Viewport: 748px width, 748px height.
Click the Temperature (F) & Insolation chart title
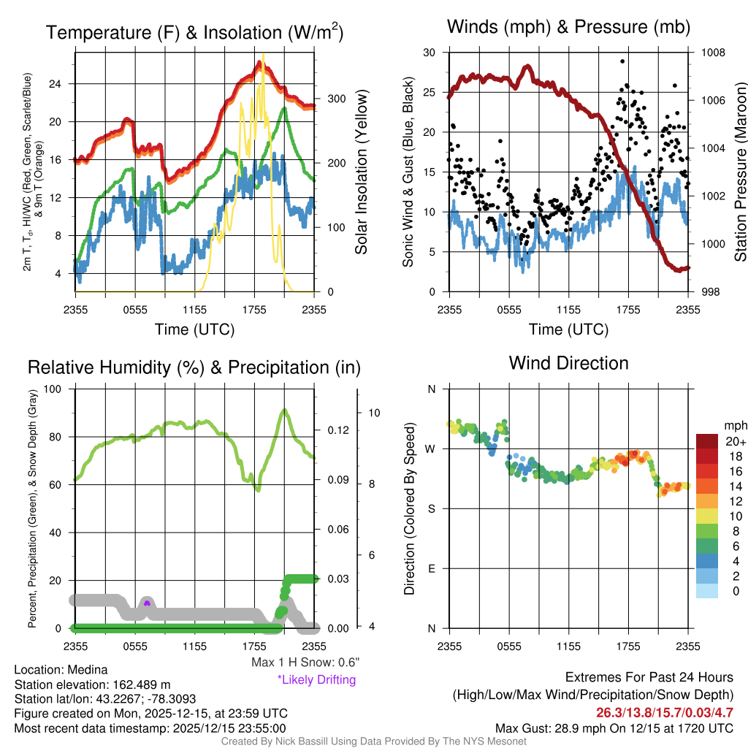point(194,33)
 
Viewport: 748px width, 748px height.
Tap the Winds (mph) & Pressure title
point(568,28)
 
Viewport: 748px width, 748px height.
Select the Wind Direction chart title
point(568,363)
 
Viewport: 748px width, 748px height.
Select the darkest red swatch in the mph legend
point(707,441)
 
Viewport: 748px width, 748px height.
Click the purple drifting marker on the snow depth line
point(147,603)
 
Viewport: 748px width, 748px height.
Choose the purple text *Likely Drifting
point(316,679)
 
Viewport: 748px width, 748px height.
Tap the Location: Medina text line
point(61,670)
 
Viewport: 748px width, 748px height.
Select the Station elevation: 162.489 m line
point(92,684)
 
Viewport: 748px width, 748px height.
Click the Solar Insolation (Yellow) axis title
point(361,172)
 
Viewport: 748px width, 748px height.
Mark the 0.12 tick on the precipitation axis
point(333,430)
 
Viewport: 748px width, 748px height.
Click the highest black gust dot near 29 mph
point(622,62)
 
